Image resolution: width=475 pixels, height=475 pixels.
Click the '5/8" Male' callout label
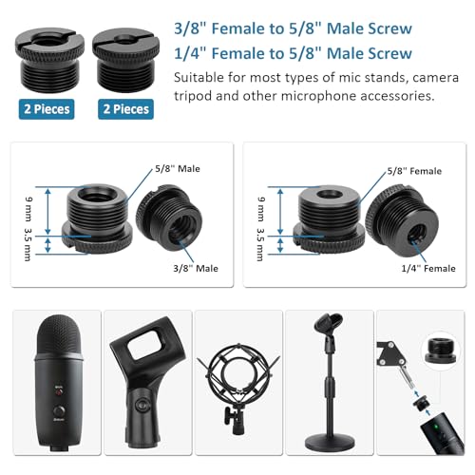pos(178,169)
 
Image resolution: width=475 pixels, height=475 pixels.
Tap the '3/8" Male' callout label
pos(196,269)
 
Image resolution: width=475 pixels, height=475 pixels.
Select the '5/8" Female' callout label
pos(414,171)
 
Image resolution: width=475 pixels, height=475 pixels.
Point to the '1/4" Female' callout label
pos(428,269)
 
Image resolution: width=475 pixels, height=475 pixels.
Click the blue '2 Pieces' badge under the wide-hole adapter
pos(47,109)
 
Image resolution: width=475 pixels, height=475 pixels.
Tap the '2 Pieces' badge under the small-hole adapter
pos(125,109)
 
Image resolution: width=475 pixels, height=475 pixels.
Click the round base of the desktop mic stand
pos(330,442)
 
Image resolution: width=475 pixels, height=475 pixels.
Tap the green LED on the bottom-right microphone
pos(436,427)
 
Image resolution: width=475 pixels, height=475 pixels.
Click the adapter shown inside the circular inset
pos(441,351)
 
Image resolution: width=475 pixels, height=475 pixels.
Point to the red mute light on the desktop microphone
pos(59,392)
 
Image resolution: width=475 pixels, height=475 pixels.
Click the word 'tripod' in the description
pos(192,96)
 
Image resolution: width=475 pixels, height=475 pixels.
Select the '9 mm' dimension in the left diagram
pos(28,209)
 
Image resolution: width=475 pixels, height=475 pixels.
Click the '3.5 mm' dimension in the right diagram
pos(260,244)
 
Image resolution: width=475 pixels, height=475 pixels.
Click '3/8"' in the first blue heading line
pos(191,28)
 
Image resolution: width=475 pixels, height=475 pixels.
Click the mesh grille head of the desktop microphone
pos(59,335)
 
